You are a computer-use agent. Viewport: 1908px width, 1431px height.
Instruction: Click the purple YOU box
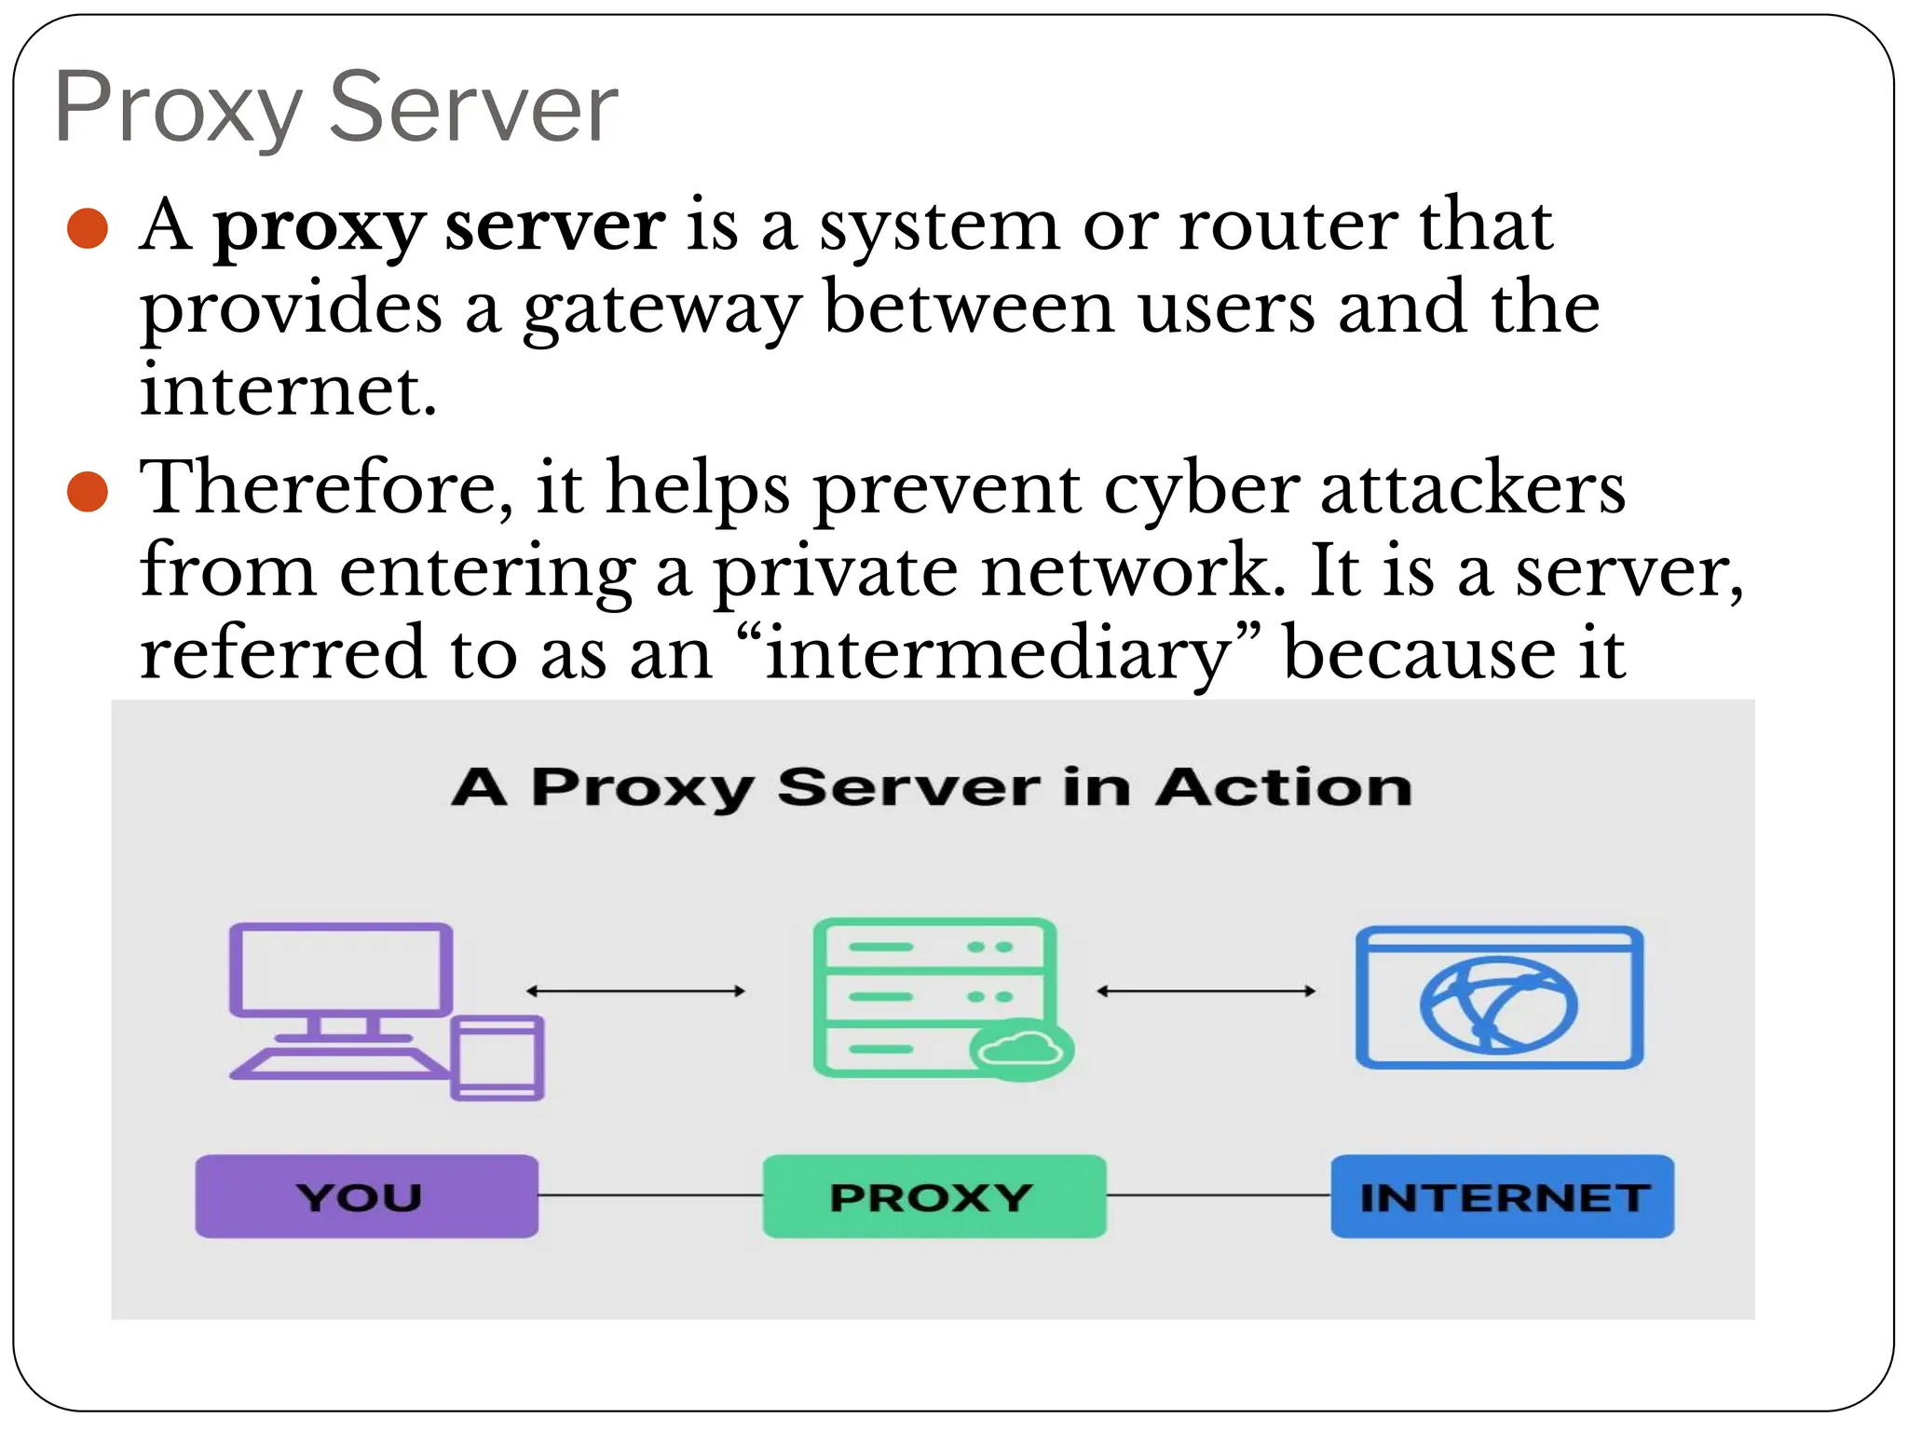(366, 1196)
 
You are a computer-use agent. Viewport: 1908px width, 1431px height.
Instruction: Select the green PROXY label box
(934, 1196)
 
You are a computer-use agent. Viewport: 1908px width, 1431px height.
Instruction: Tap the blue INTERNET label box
(1502, 1196)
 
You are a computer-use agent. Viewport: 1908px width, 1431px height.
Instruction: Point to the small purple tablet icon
(497, 1058)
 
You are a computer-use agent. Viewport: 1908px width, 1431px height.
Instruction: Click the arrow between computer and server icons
(635, 991)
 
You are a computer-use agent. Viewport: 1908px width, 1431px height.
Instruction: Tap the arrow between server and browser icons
(1206, 991)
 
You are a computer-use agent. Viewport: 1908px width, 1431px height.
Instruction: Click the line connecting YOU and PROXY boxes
(650, 1195)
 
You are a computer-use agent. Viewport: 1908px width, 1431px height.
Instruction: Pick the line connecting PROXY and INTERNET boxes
(1219, 1195)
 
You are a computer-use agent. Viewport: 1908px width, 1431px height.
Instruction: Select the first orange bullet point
(89, 228)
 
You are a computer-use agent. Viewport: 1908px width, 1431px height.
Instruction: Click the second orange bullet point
(89, 491)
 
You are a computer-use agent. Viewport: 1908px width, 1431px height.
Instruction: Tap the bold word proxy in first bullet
(319, 228)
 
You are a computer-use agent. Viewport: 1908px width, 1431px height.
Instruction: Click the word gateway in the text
(662, 310)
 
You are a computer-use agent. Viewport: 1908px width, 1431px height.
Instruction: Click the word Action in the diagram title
(1284, 787)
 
